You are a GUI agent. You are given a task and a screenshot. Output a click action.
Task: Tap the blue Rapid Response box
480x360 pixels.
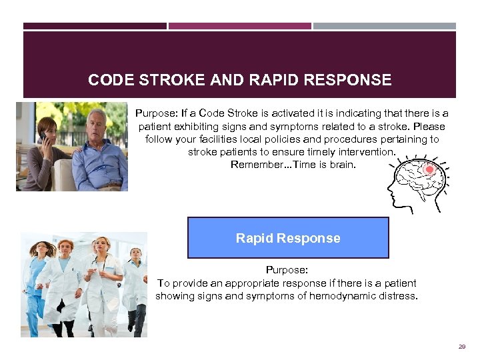288,238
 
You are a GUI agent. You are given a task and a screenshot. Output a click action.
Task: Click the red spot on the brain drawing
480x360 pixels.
429,170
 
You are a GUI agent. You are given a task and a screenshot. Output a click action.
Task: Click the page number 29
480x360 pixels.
461,347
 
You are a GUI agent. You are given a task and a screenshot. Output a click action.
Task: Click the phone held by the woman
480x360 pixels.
43,137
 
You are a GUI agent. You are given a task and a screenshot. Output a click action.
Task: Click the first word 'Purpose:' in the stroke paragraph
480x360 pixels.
154,114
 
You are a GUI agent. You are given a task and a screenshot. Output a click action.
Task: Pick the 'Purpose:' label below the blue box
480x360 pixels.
287,270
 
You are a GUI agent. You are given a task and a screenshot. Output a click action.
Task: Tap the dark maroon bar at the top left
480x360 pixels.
95,26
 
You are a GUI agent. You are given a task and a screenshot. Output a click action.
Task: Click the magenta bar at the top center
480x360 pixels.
239,26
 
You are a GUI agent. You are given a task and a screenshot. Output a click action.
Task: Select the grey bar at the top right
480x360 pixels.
385,26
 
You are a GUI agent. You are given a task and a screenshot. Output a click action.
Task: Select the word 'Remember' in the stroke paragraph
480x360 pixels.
253,165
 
